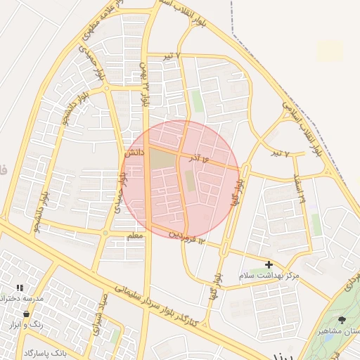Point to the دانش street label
135,151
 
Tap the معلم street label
134,236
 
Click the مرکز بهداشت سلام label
268,276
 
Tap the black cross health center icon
268,264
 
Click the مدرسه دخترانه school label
21,298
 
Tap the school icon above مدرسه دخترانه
20,288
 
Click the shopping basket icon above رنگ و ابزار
27,314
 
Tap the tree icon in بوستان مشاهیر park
342,321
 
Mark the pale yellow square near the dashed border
330,51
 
